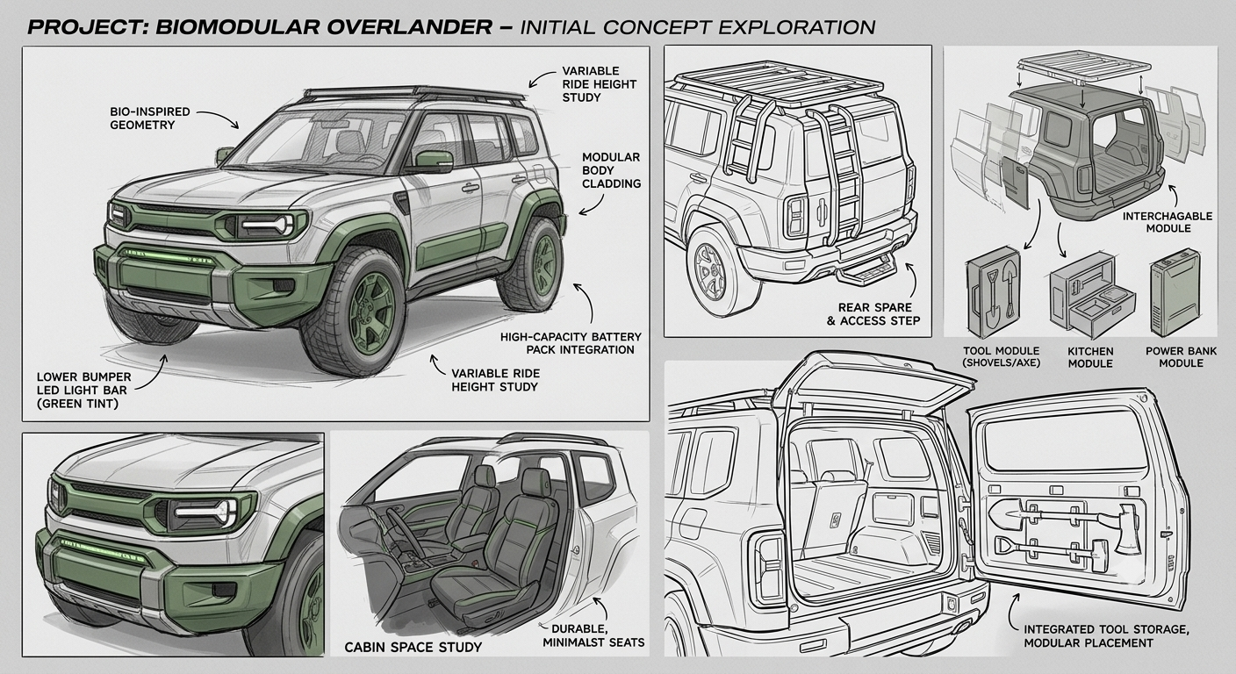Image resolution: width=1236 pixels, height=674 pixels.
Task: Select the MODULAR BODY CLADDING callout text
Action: click(611, 170)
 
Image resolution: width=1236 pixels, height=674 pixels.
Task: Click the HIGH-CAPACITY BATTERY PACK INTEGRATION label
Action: click(571, 343)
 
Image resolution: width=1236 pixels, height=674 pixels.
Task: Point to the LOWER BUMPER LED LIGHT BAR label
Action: click(84, 391)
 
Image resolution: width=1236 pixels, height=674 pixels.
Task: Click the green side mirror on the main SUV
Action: click(435, 160)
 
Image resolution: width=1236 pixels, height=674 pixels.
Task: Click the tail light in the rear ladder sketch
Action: click(799, 215)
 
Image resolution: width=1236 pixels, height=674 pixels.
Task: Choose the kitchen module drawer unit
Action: click(1091, 296)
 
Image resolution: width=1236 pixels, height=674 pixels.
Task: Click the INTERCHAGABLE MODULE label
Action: click(1168, 222)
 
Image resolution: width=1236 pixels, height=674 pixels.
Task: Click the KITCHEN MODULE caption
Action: click(1090, 357)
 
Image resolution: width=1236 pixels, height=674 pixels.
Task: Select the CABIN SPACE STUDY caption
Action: click(413, 647)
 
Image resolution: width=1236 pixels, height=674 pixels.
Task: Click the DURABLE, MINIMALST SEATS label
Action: click(593, 635)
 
